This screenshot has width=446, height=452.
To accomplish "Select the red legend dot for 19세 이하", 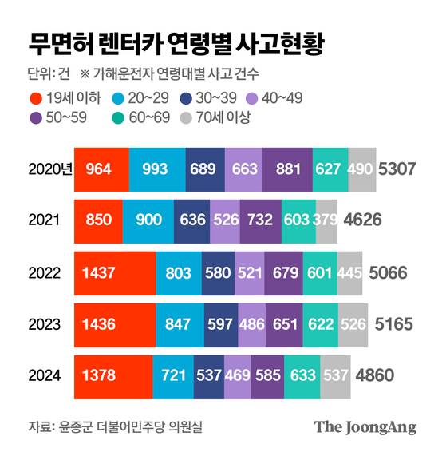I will click(x=36, y=98).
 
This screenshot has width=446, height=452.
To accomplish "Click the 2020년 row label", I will click(x=49, y=169).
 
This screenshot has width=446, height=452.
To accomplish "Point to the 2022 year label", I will click(x=45, y=272).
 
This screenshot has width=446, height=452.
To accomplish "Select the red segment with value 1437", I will click(x=114, y=272).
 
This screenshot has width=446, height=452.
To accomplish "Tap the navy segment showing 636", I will click(x=191, y=220).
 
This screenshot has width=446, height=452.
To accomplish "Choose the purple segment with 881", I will click(x=286, y=169).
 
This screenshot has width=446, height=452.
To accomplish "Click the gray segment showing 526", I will click(x=353, y=323).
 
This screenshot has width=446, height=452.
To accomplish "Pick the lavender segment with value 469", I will click(x=237, y=375).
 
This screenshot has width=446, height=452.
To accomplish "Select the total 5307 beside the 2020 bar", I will click(x=400, y=169).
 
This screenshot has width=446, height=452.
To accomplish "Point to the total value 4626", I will click(x=363, y=220).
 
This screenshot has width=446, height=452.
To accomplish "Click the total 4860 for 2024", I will click(x=374, y=375).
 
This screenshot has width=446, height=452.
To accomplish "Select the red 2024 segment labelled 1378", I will click(x=112, y=375).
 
